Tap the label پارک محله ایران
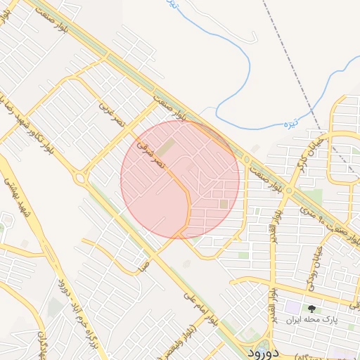(311, 319)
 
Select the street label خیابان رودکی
(314, 268)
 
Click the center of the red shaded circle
(180, 179)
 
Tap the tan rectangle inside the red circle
(165, 148)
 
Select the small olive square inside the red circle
(224, 204)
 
